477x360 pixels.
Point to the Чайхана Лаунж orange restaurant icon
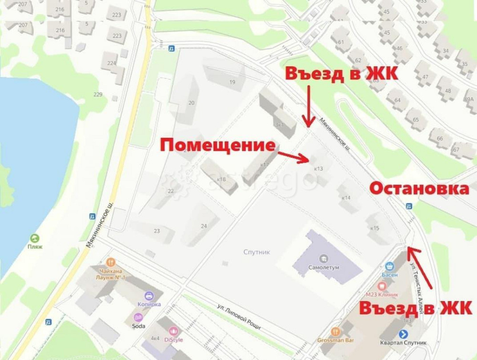pos(111,261)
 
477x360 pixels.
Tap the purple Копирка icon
pos(149,296)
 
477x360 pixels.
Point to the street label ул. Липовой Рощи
pos(238,317)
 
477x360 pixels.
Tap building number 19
pos(232,82)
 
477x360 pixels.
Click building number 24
pos(204,226)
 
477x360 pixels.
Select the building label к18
pos(221,179)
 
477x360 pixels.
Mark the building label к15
pos(374,228)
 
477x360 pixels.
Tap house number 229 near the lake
pos(98,94)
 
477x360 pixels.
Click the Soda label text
pos(139,326)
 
